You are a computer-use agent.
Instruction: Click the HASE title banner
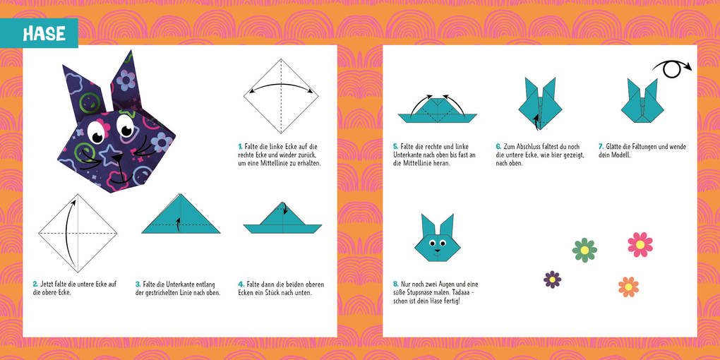point(44,33)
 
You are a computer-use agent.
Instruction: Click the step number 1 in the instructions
point(240,147)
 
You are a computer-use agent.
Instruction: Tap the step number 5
point(395,147)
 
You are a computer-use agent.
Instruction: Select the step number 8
point(395,284)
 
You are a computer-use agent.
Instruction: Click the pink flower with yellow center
point(640,244)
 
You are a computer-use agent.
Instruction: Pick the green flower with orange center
point(584,250)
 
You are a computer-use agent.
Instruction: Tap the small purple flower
point(552,280)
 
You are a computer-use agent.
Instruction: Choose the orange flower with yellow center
point(628,287)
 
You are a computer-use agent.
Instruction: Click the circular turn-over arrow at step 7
point(672,69)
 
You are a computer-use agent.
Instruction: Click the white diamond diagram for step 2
point(78,232)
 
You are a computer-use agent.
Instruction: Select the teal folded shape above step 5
point(437,109)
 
